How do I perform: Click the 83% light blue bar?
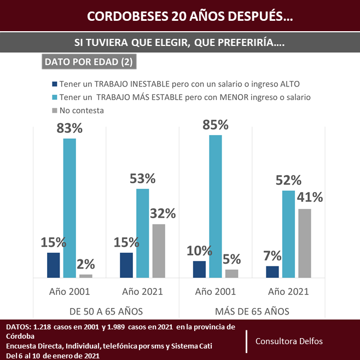tap(69, 208)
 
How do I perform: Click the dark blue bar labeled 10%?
tap(200, 269)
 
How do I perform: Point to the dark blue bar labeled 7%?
tap(272, 272)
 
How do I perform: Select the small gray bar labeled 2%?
tap(86, 276)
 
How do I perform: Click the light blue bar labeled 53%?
tap(142, 233)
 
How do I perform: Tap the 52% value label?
tap(288, 180)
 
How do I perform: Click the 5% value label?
tap(232, 258)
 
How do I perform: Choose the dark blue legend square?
tap(54, 84)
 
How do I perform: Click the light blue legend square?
tap(54, 97)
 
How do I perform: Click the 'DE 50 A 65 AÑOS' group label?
tap(106, 311)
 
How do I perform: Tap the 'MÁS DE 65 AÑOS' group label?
tap(252, 311)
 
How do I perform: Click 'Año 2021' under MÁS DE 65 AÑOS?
tap(288, 291)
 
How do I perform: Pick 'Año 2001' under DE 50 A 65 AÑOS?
tap(69, 291)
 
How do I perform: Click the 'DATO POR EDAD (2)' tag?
tap(88, 62)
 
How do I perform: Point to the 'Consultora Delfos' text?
tap(289, 341)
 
